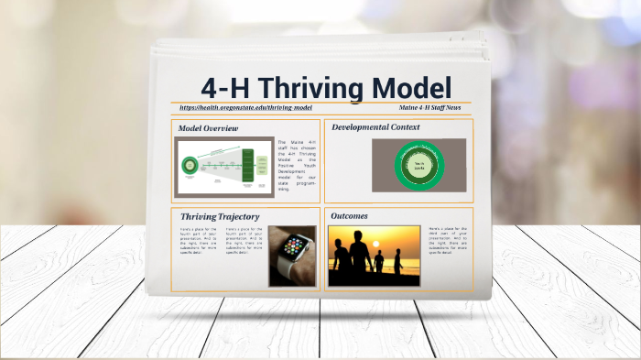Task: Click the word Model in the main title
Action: (x=411, y=88)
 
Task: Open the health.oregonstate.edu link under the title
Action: (x=240, y=108)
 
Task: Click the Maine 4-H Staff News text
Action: (x=429, y=108)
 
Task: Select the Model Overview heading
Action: (x=208, y=128)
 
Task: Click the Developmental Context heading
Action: (x=375, y=126)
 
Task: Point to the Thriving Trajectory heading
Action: (x=220, y=216)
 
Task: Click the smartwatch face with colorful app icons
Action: (x=295, y=245)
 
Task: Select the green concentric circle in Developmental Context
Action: (x=418, y=166)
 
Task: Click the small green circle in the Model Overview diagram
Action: (x=190, y=166)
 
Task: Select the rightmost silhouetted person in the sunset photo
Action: (x=396, y=265)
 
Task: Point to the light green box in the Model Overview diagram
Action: (x=221, y=166)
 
